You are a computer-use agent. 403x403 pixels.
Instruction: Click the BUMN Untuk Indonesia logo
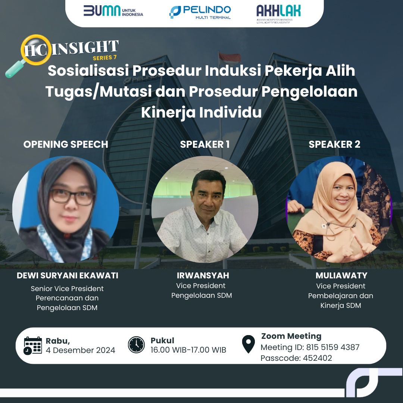coord(113,11)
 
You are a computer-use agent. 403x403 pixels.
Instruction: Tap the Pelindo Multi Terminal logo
coord(200,12)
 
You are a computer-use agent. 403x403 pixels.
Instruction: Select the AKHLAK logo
coord(279,14)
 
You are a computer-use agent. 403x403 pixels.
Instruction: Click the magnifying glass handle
coord(15,69)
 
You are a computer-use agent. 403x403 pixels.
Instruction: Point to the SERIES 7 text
coord(104,57)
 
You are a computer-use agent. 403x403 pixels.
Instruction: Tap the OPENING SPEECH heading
coord(66,144)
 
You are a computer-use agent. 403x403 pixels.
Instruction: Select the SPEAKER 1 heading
coord(205,144)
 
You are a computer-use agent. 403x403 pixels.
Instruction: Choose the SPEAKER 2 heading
coord(334,144)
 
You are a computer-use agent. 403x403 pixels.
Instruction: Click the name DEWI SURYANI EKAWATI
coord(67,275)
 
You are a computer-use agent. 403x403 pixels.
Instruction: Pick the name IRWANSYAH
coord(203,275)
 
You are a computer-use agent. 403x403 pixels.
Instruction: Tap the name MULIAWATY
coord(341,275)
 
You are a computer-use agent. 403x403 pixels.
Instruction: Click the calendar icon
coord(32,346)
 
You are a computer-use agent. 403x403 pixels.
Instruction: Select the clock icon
coord(136,345)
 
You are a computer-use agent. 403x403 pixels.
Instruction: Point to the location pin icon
coord(248,344)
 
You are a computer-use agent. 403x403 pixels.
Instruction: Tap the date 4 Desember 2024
coord(81,350)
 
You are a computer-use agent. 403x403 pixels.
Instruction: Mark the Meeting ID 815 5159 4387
coord(333,347)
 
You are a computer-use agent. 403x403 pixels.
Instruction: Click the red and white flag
coord(230,58)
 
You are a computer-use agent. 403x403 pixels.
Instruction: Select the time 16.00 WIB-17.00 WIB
coord(188,350)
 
